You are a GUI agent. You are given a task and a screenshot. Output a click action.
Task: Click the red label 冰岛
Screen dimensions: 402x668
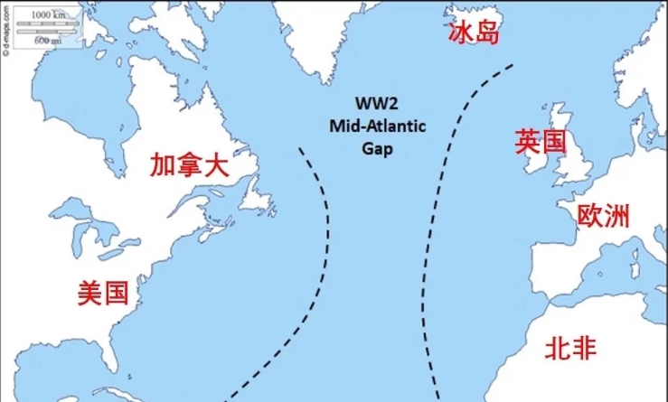tap(475, 33)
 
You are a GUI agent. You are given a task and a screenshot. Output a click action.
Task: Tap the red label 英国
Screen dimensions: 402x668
tap(541, 142)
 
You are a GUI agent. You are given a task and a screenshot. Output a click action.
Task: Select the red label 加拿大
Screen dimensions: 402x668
tap(190, 166)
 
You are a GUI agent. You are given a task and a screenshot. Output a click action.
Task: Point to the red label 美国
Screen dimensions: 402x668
tap(102, 293)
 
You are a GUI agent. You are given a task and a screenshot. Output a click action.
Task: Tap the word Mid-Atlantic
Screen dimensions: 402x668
tap(374, 127)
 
